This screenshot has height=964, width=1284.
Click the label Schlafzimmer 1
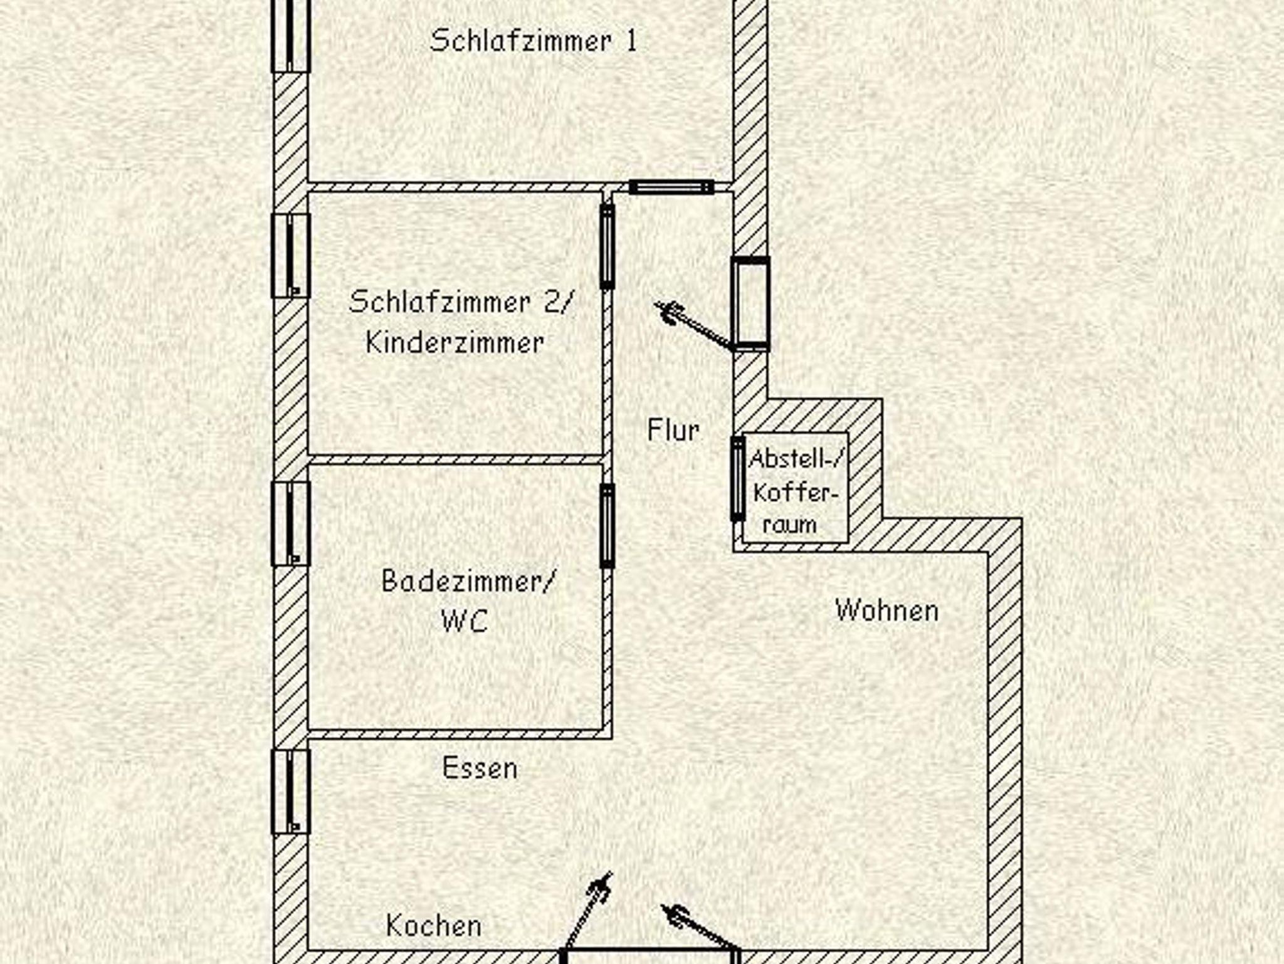coord(533,41)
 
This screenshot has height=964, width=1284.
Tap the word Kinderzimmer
coord(455,343)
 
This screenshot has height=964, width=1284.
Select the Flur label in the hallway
coord(673,431)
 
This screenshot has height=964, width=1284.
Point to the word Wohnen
coord(887,610)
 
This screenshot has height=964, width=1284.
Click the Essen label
coord(480,768)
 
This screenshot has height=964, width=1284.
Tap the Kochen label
coord(434,926)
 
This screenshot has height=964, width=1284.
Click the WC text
coord(465,621)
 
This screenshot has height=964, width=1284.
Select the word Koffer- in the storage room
coord(795,493)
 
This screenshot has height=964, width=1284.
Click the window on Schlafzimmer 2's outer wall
coord(290,255)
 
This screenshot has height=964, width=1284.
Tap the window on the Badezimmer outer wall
coord(290,523)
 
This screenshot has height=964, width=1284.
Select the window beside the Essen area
coord(290,792)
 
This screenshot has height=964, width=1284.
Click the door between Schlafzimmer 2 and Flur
coord(607,246)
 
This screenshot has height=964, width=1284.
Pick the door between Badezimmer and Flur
coord(607,525)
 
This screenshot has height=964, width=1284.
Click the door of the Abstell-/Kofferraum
coord(737,479)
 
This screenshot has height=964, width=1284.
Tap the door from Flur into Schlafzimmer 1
coord(671,187)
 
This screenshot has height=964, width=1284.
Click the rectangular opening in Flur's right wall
coord(750,303)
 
